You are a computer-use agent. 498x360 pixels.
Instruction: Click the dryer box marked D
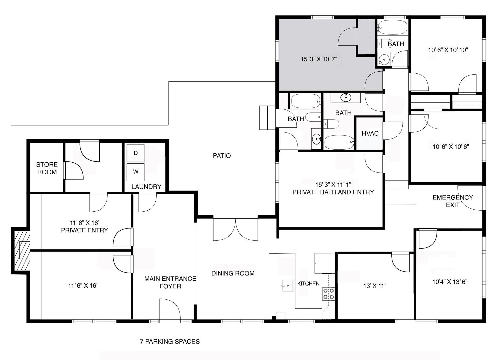135,153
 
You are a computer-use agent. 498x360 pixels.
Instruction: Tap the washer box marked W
135,172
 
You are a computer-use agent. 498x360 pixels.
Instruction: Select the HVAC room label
370,134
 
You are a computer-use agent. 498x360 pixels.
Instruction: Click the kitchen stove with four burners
328,294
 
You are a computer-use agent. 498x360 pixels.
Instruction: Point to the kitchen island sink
287,286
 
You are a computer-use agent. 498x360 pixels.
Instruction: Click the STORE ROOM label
47,168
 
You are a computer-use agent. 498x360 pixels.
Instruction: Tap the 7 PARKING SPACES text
170,342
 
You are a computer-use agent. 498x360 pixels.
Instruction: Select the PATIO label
222,156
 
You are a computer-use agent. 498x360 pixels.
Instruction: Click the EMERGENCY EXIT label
453,201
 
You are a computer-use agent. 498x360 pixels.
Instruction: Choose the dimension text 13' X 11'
374,286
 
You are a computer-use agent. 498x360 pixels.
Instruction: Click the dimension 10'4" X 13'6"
450,282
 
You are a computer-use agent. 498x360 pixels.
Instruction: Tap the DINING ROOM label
233,273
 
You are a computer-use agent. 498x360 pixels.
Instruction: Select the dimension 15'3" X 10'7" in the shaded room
319,59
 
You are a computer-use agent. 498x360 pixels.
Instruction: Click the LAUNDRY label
146,187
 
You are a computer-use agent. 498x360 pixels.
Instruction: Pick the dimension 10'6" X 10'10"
448,50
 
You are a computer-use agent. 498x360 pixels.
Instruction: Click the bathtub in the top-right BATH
392,27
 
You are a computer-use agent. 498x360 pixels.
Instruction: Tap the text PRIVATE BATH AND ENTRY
333,192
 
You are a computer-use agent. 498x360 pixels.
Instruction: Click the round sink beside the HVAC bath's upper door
345,98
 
